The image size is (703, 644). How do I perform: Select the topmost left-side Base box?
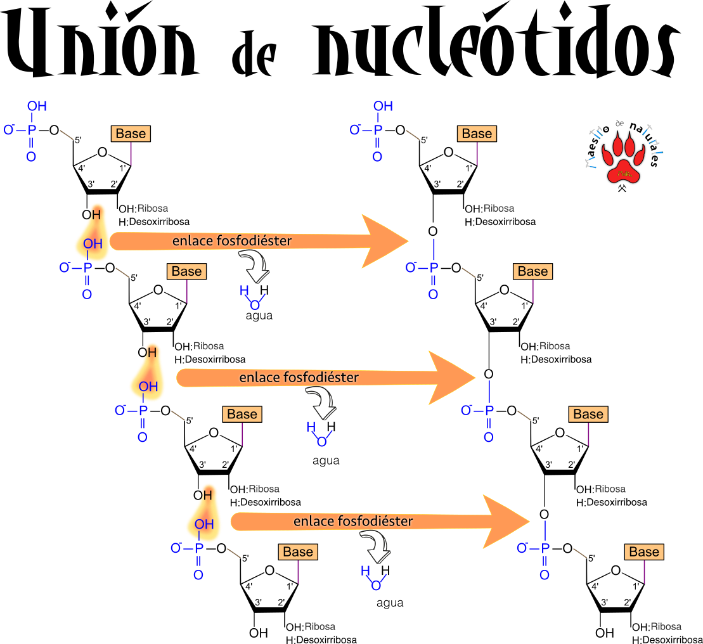(x=131, y=134)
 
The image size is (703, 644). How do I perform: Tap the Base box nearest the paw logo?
(x=477, y=134)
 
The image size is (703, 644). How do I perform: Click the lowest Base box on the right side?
(x=644, y=552)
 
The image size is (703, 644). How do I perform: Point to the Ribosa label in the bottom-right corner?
(x=666, y=626)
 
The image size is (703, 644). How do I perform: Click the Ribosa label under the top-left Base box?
(x=153, y=208)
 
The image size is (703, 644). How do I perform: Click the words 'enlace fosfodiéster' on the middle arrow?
(x=299, y=378)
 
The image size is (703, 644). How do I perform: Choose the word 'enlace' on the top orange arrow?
(x=191, y=241)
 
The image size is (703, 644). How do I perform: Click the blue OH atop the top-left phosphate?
(x=37, y=106)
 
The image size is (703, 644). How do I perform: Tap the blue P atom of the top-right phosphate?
(x=378, y=130)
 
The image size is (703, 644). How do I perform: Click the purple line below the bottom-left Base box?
(x=298, y=572)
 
